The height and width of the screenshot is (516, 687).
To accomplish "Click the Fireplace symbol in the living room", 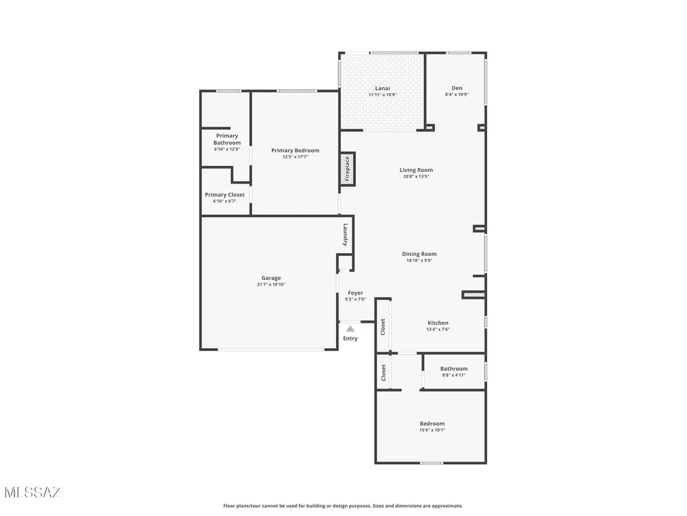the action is click(348, 169).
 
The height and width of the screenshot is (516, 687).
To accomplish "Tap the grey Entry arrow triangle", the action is click(350, 329).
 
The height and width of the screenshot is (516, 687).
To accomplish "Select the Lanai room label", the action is click(383, 88).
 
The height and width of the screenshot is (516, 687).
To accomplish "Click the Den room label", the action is click(457, 88).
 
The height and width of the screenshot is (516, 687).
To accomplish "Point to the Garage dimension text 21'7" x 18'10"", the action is click(271, 284).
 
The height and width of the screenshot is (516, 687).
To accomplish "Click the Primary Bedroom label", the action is click(295, 151).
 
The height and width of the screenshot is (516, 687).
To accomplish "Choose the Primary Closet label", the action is click(225, 195).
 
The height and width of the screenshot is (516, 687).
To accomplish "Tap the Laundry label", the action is click(346, 235).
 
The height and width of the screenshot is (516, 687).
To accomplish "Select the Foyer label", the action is click(355, 293).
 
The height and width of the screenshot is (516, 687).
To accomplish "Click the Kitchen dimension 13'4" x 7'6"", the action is click(438, 330).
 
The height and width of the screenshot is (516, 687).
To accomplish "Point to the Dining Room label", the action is click(419, 254).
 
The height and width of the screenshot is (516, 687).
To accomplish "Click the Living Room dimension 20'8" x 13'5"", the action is click(416, 177).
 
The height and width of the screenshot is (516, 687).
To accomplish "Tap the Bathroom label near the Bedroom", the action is click(454, 369).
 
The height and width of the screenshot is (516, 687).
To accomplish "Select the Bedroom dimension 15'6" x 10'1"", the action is click(432, 431).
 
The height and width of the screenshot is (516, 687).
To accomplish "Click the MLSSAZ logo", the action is click(33, 493).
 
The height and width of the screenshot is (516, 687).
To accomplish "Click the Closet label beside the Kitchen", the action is click(383, 327).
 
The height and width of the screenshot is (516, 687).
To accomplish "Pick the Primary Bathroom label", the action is click(227, 139).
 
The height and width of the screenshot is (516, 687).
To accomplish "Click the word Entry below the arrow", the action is click(350, 338).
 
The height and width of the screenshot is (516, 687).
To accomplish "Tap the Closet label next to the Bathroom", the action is click(384, 372).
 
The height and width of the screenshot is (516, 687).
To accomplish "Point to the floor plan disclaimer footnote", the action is click(343, 506).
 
